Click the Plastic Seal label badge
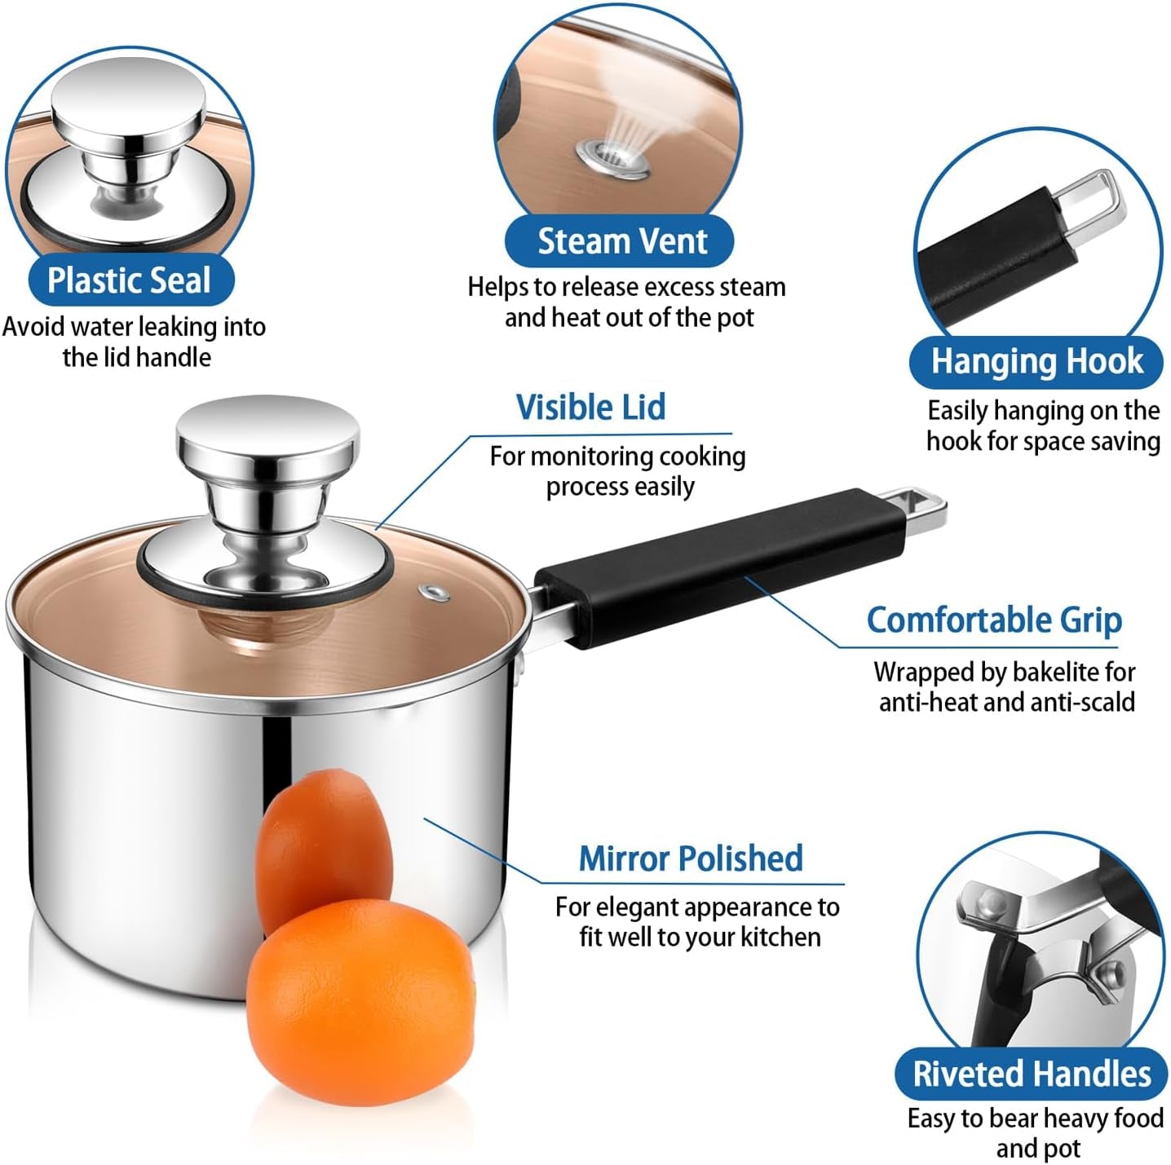point(130,280)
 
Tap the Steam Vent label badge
point(619,241)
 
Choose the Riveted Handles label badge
point(1031,1073)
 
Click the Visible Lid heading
point(590,407)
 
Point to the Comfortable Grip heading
point(994,620)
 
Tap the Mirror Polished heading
point(691,858)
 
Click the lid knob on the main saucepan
point(267,486)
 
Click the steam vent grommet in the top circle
point(612,158)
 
